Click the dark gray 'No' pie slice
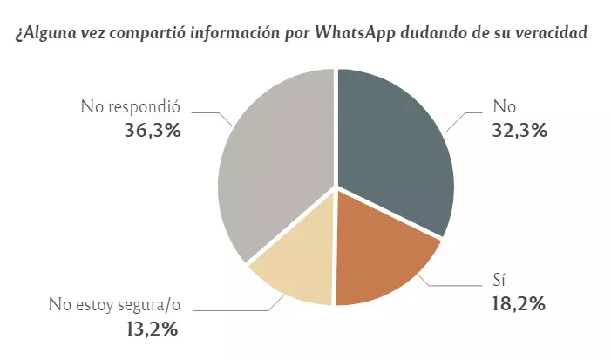pos(392,148)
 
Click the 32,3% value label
pos(520,132)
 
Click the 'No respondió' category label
pos(130,108)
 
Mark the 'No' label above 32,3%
pos(505,108)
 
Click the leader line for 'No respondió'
pos(209,112)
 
